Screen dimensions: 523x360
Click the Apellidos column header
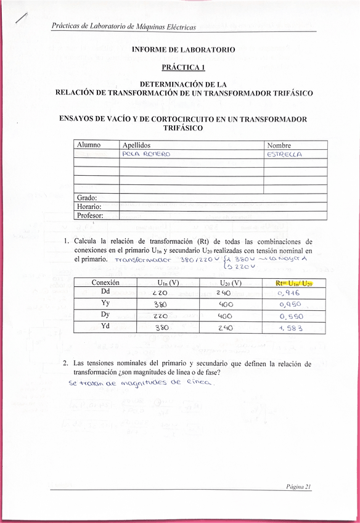(x=137, y=144)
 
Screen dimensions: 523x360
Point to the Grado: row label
(x=89, y=197)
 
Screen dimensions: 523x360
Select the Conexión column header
(x=105, y=282)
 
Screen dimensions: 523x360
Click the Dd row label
(x=105, y=292)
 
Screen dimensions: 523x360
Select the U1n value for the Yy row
(x=160, y=304)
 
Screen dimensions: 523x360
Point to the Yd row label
(x=105, y=327)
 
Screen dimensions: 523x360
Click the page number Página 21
(x=299, y=486)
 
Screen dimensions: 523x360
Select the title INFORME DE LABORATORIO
(x=183, y=49)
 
